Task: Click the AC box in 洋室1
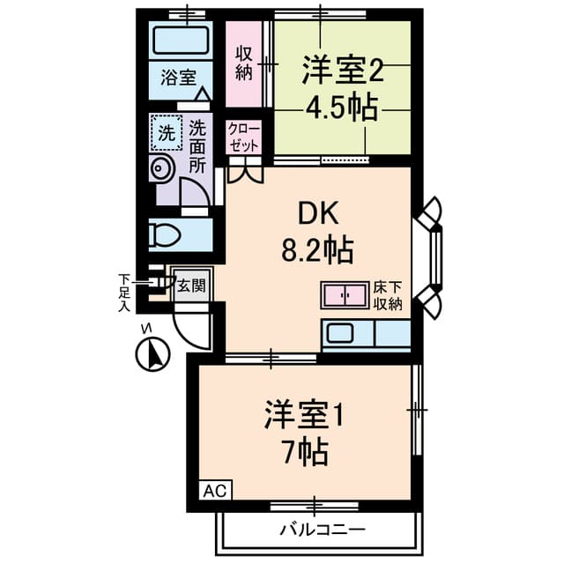[x=215, y=490]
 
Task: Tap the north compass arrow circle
[x=152, y=354]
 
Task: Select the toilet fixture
[x=165, y=235]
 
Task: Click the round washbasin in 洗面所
[x=161, y=168]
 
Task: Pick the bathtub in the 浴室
[x=181, y=40]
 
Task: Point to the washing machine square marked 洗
[x=167, y=133]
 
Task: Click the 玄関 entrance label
[x=191, y=286]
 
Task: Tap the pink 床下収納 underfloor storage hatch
[x=345, y=295]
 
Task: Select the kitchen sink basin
[x=339, y=333]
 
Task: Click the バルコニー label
[x=323, y=530]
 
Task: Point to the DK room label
[x=317, y=213]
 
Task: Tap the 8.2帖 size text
[x=317, y=250]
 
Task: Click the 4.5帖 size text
[x=341, y=108]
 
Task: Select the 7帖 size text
[x=305, y=452]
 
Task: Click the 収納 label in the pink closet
[x=243, y=63]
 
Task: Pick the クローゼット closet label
[x=244, y=137]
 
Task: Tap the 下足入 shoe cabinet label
[x=124, y=293]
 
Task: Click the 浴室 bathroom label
[x=178, y=77]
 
